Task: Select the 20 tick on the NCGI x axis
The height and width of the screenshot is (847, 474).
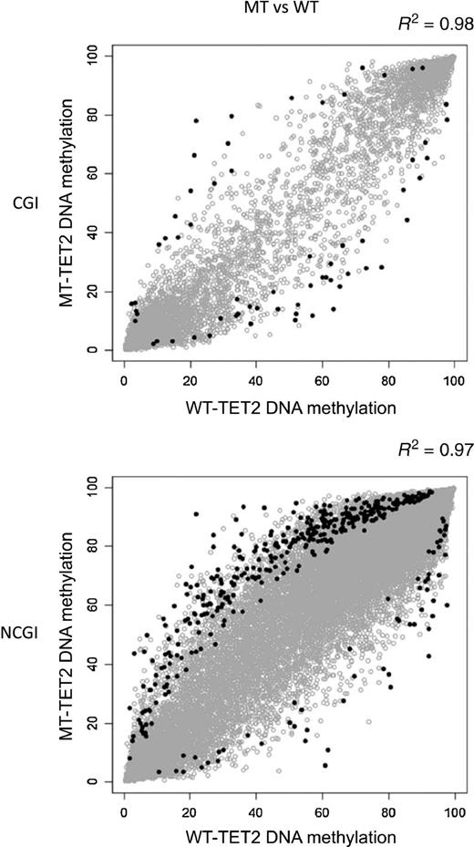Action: click(x=191, y=807)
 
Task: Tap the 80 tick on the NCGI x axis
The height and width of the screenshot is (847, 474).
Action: click(x=387, y=807)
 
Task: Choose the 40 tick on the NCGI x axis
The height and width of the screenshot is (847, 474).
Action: click(x=256, y=807)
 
